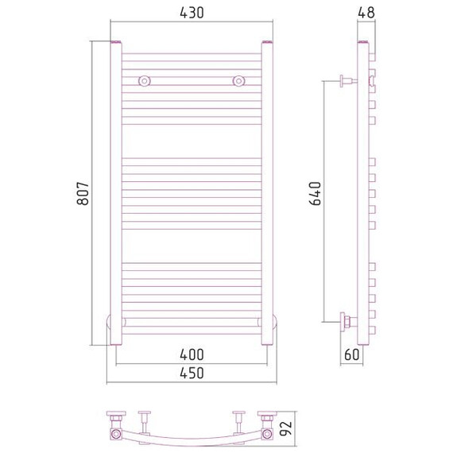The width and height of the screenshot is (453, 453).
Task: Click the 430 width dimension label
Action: [192, 13]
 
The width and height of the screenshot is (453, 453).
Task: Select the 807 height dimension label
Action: [83, 193]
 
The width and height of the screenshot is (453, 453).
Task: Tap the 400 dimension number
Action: [192, 354]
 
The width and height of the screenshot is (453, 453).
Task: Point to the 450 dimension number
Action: [192, 373]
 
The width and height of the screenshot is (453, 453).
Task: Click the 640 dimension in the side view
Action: [315, 193]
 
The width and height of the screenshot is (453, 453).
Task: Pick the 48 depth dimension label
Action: [366, 13]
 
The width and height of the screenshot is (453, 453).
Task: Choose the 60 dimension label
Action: [351, 354]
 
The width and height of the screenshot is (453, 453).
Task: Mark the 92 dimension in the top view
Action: [286, 428]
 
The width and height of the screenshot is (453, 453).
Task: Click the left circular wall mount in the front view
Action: [145, 81]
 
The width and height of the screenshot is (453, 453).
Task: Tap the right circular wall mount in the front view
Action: [238, 81]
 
